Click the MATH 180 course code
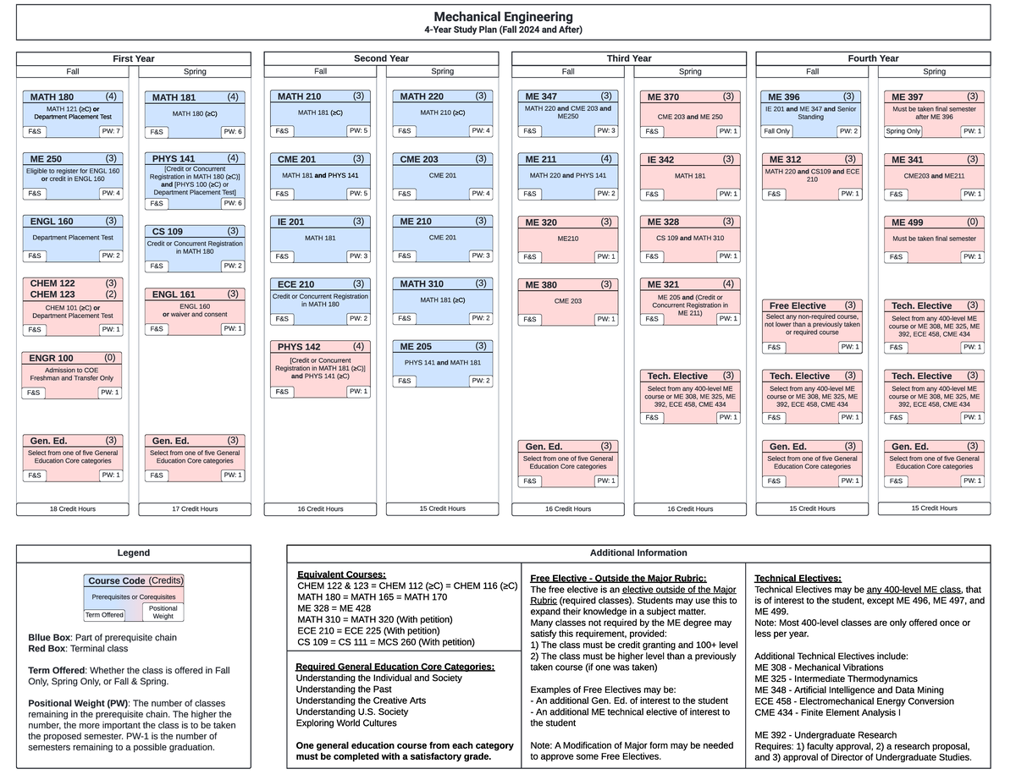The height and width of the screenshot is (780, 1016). pyautogui.click(x=52, y=96)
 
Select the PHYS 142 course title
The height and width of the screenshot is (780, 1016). pyautogui.click(x=299, y=347)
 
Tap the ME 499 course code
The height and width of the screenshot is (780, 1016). pyautogui.click(x=907, y=222)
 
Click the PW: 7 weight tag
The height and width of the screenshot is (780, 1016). pyautogui.click(x=111, y=131)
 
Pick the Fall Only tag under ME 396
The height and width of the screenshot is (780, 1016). pyautogui.click(x=776, y=131)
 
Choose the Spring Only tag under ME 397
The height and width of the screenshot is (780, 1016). pyautogui.click(x=903, y=131)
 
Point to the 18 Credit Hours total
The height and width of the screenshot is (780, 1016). pyautogui.click(x=72, y=509)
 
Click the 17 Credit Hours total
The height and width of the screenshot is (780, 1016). pyautogui.click(x=194, y=509)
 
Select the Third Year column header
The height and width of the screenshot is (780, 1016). pyautogui.click(x=629, y=58)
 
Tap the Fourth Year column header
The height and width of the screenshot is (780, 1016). pyautogui.click(x=873, y=58)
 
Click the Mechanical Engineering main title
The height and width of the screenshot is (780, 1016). pyautogui.click(x=503, y=17)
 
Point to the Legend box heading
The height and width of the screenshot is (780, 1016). pyautogui.click(x=133, y=553)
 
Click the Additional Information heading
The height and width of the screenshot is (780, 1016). pyautogui.click(x=639, y=553)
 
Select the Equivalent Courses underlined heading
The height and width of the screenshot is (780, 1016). pyautogui.click(x=341, y=575)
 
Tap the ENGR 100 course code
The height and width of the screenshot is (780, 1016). pyautogui.click(x=52, y=358)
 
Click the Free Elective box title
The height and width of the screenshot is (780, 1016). pyautogui.click(x=797, y=305)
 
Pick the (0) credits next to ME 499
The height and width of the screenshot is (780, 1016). pyautogui.click(x=972, y=222)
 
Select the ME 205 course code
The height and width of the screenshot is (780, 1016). pyautogui.click(x=416, y=346)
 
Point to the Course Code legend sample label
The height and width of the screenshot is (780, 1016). pyautogui.click(x=117, y=581)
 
